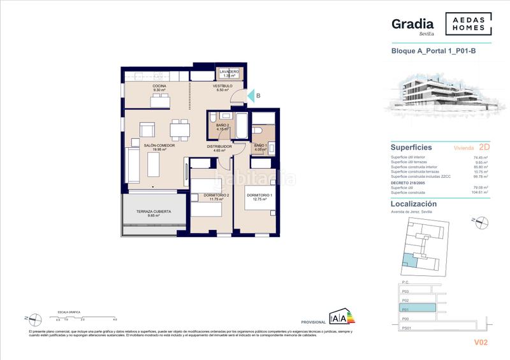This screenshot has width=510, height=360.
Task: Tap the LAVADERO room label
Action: (229, 71)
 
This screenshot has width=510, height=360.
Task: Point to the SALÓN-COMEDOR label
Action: (160, 146)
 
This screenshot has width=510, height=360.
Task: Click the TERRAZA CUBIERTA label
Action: (154, 211)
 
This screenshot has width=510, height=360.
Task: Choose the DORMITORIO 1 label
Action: (259, 195)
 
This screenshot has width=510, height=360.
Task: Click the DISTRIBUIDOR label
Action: (218, 146)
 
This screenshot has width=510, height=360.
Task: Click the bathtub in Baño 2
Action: (242, 126)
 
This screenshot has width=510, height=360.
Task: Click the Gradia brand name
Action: (412, 24)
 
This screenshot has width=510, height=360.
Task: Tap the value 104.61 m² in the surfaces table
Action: (480, 191)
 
